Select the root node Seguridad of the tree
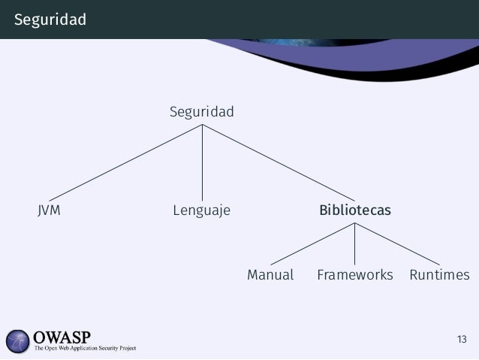(201, 113)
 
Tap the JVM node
(49, 210)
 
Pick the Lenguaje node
(201, 210)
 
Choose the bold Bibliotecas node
(354, 210)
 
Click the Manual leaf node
(270, 275)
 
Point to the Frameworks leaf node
(354, 275)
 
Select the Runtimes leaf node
(439, 275)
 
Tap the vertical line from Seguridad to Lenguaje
(202, 162)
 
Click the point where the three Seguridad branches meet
(202, 125)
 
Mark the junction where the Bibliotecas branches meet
(354, 224)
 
